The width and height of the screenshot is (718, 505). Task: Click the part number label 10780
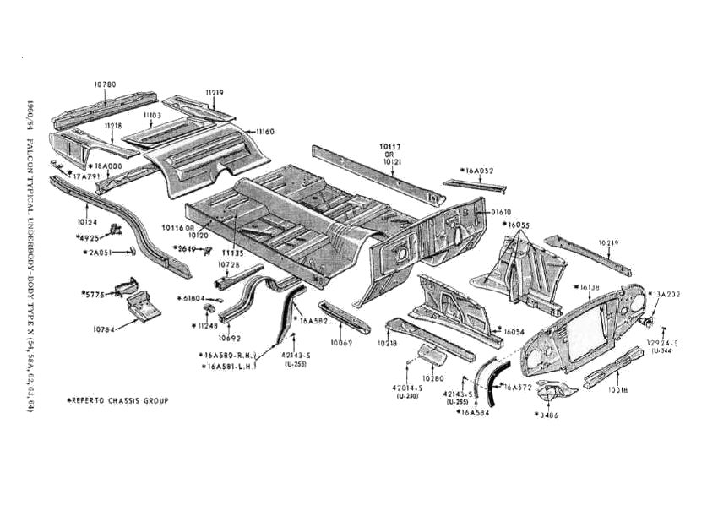pos(105,84)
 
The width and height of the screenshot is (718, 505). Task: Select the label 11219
pos(214,92)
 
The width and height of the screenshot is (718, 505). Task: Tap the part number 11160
pos(265,132)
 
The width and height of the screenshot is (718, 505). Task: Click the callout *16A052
pos(477,171)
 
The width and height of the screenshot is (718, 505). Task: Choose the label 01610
pos(502,211)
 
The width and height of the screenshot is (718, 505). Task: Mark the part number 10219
pos(610,243)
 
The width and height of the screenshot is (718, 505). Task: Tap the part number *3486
pos(547,415)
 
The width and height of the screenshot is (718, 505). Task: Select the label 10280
pos(432,378)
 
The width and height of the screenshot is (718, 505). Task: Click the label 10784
pos(105,328)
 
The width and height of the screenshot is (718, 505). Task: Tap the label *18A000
pos(107,166)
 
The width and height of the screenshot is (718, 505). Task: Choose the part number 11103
pos(152,114)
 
